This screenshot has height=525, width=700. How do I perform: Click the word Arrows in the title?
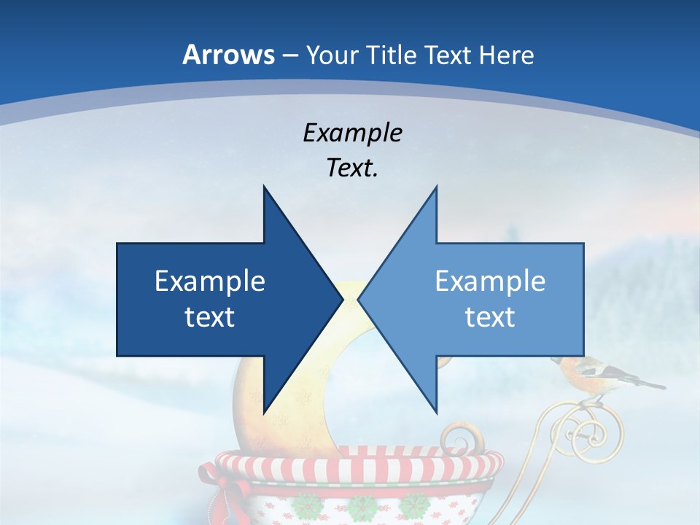click(x=229, y=55)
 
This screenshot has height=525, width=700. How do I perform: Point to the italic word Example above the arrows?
click(x=352, y=133)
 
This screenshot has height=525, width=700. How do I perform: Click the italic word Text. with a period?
click(x=352, y=168)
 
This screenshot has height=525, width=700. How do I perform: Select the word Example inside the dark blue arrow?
click(x=210, y=281)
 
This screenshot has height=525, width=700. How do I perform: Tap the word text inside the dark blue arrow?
click(x=210, y=317)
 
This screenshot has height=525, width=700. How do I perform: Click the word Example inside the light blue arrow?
click(x=490, y=281)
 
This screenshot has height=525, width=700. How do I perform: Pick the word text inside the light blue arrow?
click(x=490, y=317)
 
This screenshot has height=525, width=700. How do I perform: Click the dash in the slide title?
click(x=289, y=55)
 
